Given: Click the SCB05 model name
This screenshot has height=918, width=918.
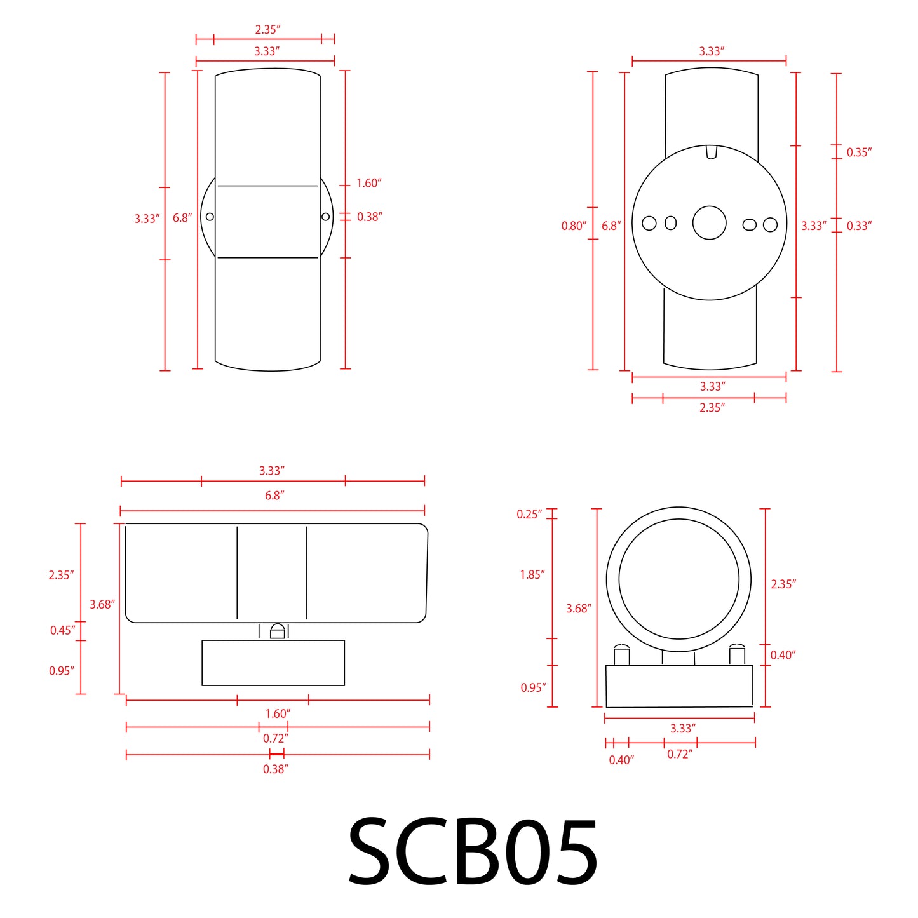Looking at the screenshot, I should coord(473,853).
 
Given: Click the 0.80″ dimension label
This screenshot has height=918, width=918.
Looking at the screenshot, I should coord(573,226).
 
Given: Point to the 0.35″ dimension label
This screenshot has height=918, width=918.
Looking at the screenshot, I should coord(859,152).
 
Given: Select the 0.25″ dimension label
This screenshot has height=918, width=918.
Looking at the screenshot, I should coord(529,515).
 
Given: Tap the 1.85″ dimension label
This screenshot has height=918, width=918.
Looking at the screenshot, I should coord(532,575).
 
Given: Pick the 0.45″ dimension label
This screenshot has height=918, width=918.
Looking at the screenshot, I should coord(62,631).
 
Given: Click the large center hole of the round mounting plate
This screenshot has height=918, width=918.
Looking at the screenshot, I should coord(709,223).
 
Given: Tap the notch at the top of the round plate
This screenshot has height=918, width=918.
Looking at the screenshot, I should coord(712,152).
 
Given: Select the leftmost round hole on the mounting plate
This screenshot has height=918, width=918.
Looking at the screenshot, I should coord(649,223).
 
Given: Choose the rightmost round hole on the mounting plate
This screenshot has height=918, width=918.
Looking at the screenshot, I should coord(770,224).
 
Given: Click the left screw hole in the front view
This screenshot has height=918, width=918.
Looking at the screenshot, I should coord(210,217).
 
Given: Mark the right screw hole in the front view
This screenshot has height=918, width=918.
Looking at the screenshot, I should coord(325,217).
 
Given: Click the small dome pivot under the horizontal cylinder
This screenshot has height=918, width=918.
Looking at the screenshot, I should coord(278,631).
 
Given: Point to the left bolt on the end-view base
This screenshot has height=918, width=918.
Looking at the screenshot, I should coord(621,654).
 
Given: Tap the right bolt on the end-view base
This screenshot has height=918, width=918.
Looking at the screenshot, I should coord(737,654).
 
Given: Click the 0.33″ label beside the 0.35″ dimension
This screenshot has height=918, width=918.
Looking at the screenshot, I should coord(859,226).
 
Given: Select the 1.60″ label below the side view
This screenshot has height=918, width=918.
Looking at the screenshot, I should coord(278,714).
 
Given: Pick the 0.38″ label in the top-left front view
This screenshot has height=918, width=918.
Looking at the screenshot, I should coord(369,217).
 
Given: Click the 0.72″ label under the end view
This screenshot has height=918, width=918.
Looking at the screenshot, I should coord(679,755).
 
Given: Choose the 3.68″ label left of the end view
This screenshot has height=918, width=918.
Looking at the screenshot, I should coord(578,609).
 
